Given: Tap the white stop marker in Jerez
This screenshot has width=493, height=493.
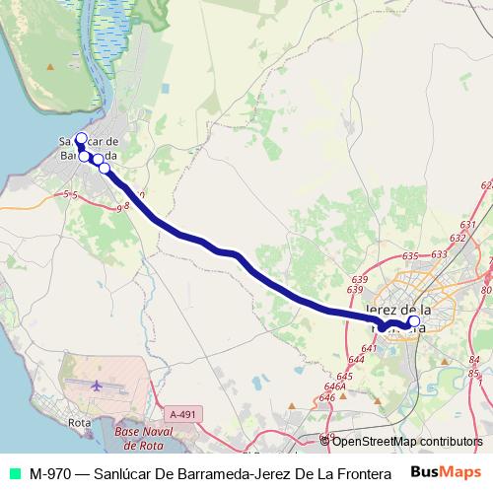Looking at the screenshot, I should point(413,320).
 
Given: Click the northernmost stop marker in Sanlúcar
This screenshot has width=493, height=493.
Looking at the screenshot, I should point(81,139).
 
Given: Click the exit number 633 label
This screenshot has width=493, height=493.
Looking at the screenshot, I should point(439,254).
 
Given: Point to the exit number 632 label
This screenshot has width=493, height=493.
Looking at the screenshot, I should point(457,238).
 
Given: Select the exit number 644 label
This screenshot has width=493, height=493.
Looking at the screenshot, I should point(356,360).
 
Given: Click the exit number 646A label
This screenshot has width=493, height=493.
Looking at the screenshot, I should point(333,387).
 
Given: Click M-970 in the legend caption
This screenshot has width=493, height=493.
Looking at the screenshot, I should point(48,472).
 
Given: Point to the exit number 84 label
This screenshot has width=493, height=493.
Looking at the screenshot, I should point(473,360).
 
